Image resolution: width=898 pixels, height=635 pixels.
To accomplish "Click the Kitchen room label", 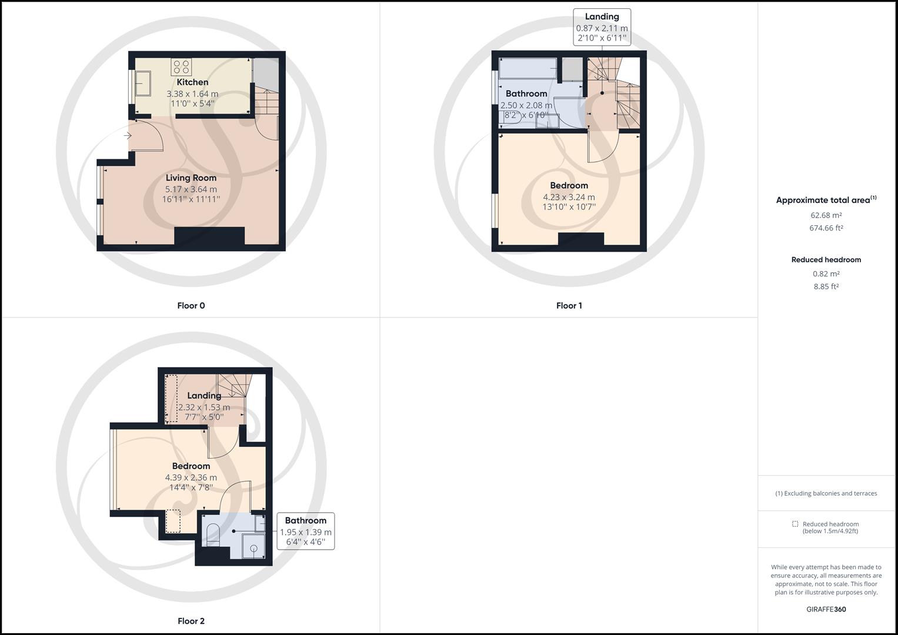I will tap(192, 82).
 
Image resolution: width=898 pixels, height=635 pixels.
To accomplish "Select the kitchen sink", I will tap(143, 83).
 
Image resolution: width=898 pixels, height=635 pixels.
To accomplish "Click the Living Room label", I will tap(191, 178).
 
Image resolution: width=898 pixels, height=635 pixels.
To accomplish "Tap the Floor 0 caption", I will tap(191, 306).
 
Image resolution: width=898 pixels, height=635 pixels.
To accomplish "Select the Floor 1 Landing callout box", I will tap(602, 28).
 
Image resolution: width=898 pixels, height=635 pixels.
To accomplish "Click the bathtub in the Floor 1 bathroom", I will tap(528, 68).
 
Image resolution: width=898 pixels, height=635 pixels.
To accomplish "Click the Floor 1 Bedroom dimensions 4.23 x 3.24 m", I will tap(569, 198).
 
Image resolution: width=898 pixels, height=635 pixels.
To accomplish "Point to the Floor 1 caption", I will tap(569, 306).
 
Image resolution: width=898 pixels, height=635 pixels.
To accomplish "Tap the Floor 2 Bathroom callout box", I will tap(305, 531).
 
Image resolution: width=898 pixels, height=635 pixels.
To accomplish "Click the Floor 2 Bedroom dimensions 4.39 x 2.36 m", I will tap(191, 477).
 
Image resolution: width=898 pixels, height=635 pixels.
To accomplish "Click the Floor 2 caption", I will tap(191, 621).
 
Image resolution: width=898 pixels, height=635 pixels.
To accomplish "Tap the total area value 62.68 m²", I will tap(826, 215).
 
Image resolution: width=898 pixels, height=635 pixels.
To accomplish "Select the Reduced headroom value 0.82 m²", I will tap(826, 274).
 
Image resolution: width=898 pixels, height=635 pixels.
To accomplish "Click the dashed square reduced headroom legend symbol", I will tap(795, 524).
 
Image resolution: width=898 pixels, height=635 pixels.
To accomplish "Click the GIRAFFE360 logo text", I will tap(826, 609).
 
